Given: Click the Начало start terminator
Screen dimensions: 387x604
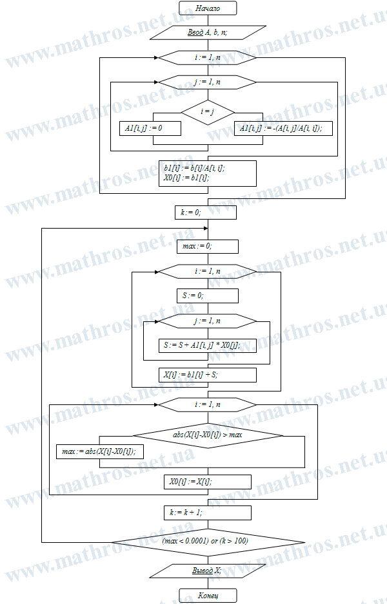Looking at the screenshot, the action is click(x=208, y=8).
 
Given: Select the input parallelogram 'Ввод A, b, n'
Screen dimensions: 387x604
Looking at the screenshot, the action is click(x=208, y=32).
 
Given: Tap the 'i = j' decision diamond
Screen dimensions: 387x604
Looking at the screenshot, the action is click(x=208, y=113).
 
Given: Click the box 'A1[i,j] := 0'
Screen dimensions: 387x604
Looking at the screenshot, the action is click(x=150, y=128).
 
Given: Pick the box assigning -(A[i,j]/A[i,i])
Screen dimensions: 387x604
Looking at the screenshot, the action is click(x=283, y=128).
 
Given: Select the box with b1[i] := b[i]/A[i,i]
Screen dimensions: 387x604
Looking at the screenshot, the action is click(x=208, y=173).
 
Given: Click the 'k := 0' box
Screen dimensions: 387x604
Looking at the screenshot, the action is click(x=206, y=212).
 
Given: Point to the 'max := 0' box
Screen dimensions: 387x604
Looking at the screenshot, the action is click(x=208, y=246).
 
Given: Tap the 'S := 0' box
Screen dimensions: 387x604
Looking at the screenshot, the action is click(x=208, y=296).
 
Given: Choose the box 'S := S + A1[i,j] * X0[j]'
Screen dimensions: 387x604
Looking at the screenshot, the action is click(x=208, y=346).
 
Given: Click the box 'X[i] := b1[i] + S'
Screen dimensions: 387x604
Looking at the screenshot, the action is click(x=208, y=375).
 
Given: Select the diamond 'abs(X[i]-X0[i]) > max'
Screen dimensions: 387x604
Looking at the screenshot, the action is click(x=208, y=435).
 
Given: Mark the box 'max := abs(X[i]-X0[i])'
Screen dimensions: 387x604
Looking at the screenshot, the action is click(x=100, y=451).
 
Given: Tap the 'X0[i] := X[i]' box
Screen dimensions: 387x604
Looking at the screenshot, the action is click(x=208, y=482).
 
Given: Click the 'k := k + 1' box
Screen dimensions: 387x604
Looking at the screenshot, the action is click(x=208, y=513).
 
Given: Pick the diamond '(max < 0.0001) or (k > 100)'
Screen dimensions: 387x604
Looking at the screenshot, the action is click(x=208, y=542).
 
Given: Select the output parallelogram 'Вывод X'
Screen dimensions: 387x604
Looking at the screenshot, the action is click(x=208, y=571).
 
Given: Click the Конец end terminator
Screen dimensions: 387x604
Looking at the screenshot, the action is click(x=208, y=596).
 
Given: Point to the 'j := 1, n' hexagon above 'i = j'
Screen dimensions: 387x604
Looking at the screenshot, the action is click(x=208, y=82).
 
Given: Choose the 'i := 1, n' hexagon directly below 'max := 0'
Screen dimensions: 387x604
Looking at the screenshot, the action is click(x=208, y=272).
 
